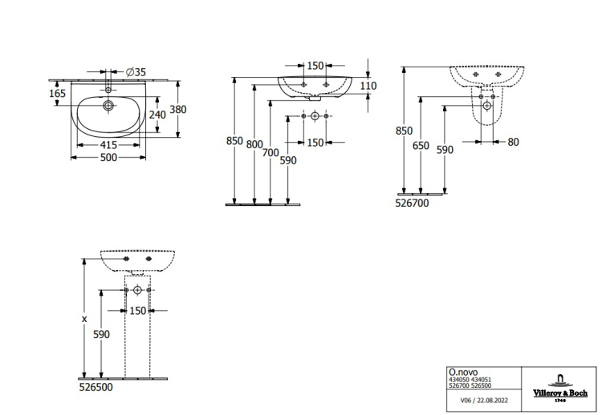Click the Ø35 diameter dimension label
(x=136, y=71)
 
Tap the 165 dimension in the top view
(x=58, y=93)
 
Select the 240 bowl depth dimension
(x=157, y=115)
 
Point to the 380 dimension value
(x=178, y=109)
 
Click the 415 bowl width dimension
(x=108, y=145)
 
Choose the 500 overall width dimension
(x=108, y=157)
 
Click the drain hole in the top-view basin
(x=108, y=106)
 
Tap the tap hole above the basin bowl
(x=108, y=90)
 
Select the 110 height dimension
(x=368, y=86)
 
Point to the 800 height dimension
(x=254, y=144)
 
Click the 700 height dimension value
(x=270, y=152)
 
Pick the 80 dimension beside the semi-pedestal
(x=514, y=142)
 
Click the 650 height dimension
(x=421, y=146)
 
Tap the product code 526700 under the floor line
(x=412, y=203)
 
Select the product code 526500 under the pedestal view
(x=96, y=387)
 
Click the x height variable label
(x=84, y=319)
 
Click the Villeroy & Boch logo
(x=560, y=388)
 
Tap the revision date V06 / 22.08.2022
(x=484, y=401)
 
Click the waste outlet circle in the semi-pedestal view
(x=487, y=106)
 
